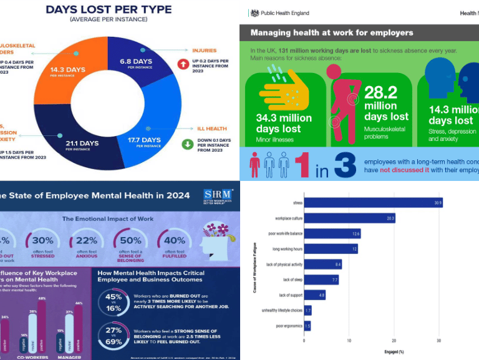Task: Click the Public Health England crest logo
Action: (x=254, y=12)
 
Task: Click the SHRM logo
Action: (x=216, y=197)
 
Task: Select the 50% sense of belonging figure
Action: (x=130, y=241)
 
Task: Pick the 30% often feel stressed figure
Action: (x=42, y=241)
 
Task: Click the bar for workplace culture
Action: (x=349, y=218)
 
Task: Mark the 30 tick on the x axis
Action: (x=439, y=341)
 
